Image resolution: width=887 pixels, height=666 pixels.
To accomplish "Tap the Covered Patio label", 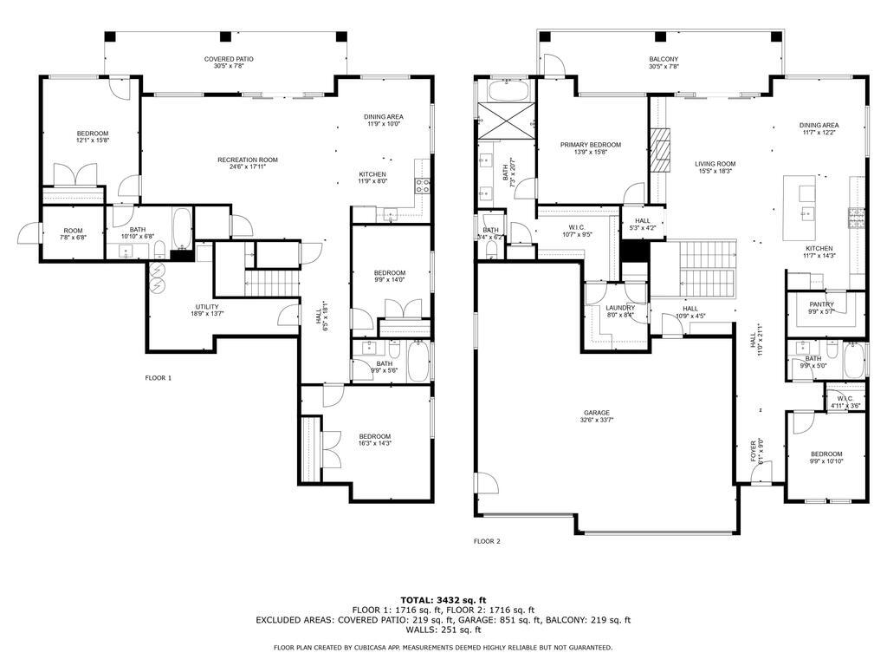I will point(229,62).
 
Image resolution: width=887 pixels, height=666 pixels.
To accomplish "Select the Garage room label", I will point(596,417).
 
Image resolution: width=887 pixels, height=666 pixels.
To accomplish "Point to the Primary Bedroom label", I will point(591,148).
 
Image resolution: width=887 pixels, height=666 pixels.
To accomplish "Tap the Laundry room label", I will point(620,311).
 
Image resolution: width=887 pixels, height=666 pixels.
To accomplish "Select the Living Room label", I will point(715,167).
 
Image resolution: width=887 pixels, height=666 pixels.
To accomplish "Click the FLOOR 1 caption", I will point(159,378).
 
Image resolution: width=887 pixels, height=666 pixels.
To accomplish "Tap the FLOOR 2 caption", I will point(487,541).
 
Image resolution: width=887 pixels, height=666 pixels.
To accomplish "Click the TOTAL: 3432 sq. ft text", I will point(443,599).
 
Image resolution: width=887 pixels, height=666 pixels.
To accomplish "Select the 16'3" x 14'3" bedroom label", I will point(375,441).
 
